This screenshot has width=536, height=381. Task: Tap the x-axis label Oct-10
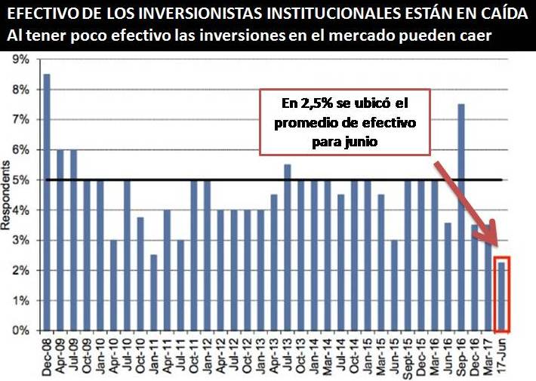140,356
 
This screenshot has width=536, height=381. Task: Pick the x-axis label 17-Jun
503,356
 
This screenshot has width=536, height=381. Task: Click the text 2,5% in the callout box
309,101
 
